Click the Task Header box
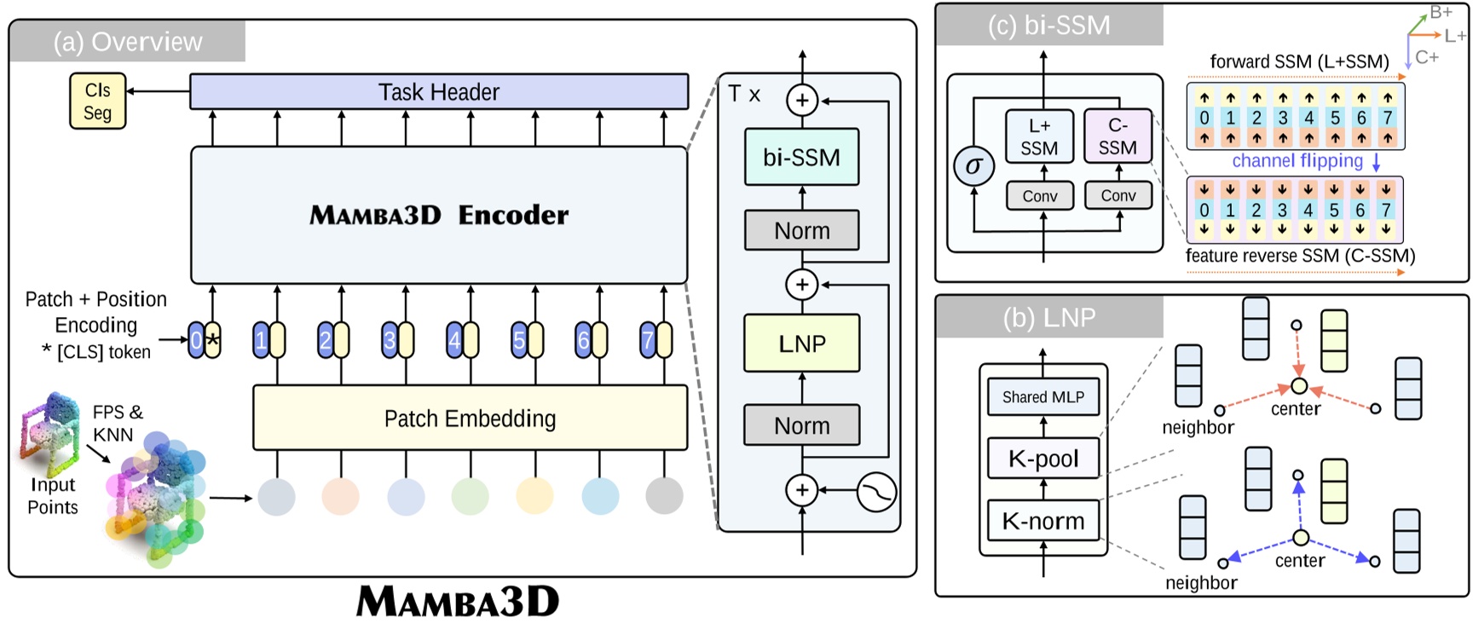438,92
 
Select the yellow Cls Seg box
97,101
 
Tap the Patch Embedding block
470,418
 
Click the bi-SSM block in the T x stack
801,157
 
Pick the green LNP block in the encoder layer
801,343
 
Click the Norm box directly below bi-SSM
801,230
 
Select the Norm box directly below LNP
801,425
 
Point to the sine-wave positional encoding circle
876,491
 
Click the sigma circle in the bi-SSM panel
973,166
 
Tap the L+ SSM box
1038,136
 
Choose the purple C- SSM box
1118,136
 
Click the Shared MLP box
1043,397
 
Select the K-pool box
1043,459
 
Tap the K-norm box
1043,521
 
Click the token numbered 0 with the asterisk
204,341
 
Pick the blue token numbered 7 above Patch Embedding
649,341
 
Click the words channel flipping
1297,161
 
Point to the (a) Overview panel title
128,42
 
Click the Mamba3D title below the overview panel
458,602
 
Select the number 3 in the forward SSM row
1282,118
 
